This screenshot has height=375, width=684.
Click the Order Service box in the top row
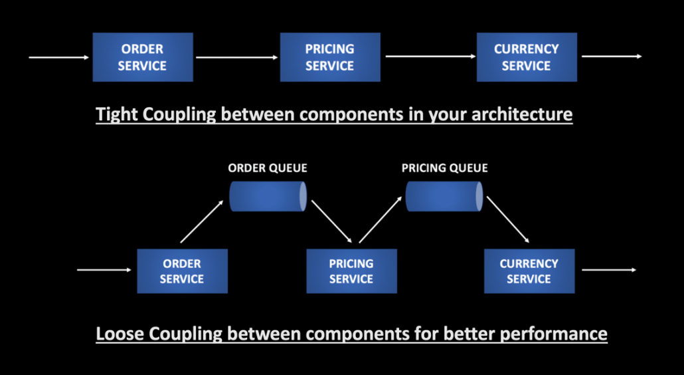(143, 57)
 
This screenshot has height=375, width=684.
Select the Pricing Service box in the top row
(330, 57)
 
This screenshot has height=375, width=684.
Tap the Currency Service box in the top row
(527, 57)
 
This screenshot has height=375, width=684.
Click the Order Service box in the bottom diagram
(182, 271)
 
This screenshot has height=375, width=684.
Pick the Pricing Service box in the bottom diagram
(351, 271)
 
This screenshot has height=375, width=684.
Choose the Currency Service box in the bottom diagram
(529, 271)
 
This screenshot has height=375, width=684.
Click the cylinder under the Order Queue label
(268, 196)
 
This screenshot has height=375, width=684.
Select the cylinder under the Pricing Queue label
(444, 196)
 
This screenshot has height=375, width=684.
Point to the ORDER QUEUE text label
(268, 168)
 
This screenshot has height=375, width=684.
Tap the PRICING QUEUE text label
(444, 168)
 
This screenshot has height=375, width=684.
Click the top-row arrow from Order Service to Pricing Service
(236, 57)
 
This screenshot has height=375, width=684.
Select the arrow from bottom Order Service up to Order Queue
(203, 222)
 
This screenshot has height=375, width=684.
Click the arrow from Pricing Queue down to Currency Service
(507, 222)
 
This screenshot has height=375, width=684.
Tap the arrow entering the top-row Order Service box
(59, 57)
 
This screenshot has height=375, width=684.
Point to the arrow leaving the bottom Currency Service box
(609, 270)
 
